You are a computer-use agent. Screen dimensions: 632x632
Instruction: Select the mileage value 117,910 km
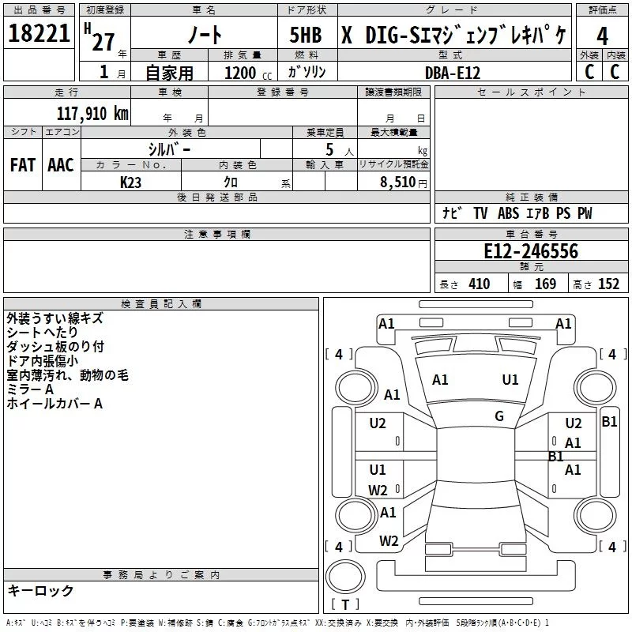(x=92, y=114)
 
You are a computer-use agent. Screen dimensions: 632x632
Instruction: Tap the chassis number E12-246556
(x=531, y=251)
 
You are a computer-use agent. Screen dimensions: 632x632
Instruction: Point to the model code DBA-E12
(x=452, y=73)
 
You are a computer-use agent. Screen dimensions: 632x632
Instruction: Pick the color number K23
(x=130, y=182)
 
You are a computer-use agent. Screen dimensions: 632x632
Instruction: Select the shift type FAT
(x=22, y=165)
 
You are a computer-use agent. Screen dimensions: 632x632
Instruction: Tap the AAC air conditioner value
(x=61, y=165)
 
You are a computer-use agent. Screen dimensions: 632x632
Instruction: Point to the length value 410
(x=479, y=284)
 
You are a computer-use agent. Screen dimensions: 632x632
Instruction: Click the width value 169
(x=545, y=284)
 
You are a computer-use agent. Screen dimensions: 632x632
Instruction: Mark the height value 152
(x=608, y=284)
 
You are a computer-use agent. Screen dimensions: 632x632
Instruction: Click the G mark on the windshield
(x=498, y=416)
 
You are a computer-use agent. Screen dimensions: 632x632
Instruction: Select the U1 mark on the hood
(x=510, y=380)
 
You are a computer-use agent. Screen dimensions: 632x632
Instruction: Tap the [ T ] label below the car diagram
(x=344, y=605)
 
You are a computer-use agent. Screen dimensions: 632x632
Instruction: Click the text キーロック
(x=40, y=590)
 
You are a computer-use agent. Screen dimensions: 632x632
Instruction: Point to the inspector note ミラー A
(x=30, y=389)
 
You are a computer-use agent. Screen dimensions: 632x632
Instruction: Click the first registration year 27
(x=103, y=42)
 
